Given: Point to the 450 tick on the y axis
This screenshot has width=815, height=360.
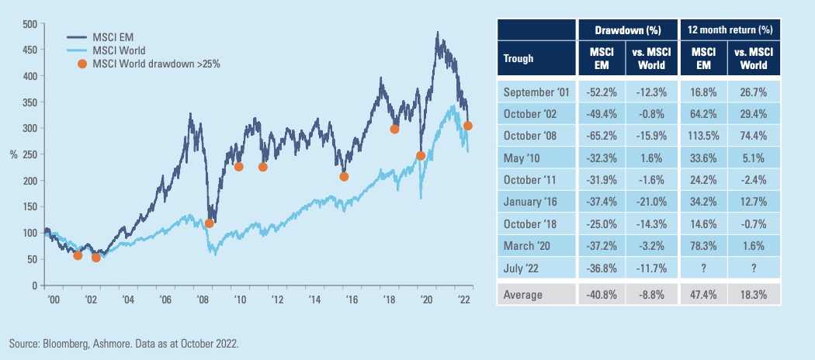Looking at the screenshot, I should (29, 50).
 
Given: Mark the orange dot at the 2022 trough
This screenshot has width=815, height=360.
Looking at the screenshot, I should (468, 126).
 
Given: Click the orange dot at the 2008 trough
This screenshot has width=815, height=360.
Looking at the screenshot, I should (209, 223).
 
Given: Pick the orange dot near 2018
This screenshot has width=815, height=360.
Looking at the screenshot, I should (394, 129).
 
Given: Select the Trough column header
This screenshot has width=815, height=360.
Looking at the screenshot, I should (518, 57).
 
